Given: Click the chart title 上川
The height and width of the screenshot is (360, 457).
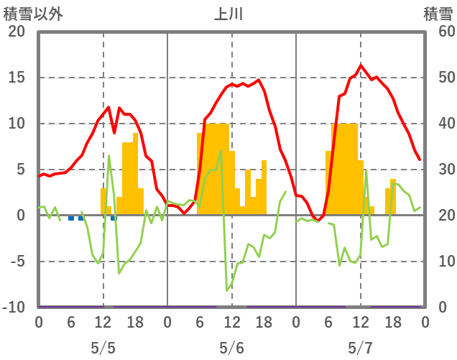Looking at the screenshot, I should pos(228,14).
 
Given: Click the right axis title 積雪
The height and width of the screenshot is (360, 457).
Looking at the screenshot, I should pos(437,14).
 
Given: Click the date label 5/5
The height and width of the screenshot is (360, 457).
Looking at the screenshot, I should pos(103,348).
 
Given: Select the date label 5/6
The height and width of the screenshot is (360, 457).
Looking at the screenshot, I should pos(231,348).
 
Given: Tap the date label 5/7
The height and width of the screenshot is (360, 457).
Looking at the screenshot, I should pos(360,348).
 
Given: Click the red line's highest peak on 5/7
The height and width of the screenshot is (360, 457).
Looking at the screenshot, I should pos(361,65).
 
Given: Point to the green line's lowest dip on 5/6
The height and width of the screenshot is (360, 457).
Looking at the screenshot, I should pos(227,290).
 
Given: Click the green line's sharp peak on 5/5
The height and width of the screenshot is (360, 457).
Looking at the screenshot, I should pos(109,156).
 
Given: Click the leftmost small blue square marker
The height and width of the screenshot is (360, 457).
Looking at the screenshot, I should pos(71,218).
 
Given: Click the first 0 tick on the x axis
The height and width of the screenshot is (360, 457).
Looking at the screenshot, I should pos(39,323).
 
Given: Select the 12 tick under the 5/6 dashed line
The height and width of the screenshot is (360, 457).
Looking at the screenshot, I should pos(231,323).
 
